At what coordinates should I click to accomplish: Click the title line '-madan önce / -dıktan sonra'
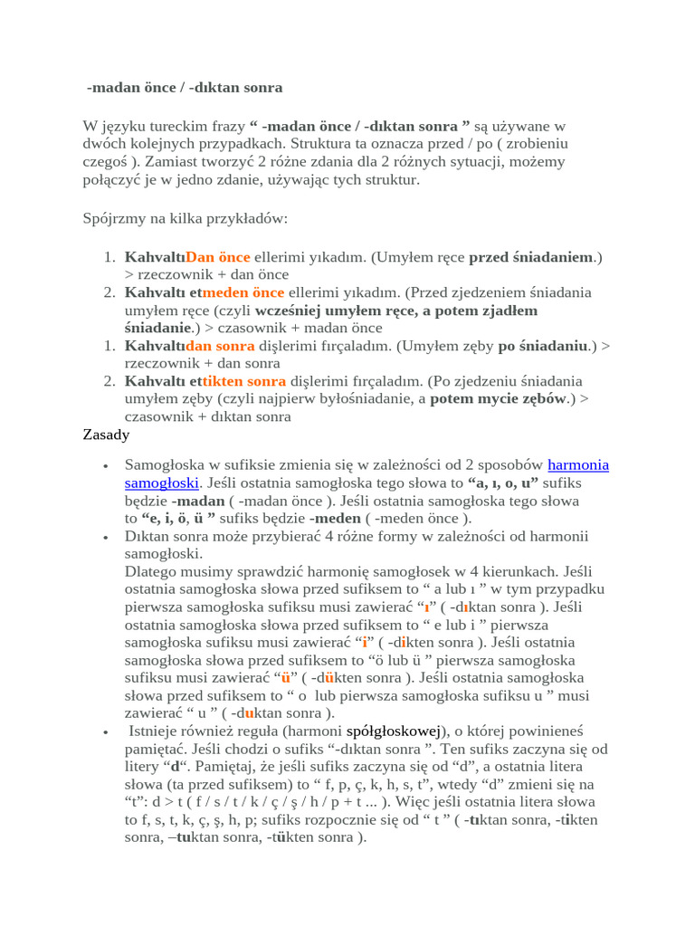tap(185, 88)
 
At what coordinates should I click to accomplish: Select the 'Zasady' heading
tap(106, 435)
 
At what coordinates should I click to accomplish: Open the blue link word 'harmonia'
tap(578, 465)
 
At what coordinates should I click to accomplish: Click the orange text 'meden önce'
tap(243, 292)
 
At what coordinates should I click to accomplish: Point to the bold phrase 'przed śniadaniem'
tap(530, 257)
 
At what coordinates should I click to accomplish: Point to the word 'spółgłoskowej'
tap(394, 731)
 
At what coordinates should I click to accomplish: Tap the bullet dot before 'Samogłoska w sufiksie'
tap(106, 466)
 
